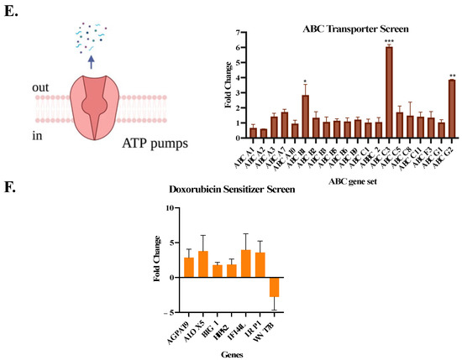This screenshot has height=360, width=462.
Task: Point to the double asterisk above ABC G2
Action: (452, 76)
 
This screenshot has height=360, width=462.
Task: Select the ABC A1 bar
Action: (253, 133)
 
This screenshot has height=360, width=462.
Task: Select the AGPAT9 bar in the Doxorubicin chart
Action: (189, 267)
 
